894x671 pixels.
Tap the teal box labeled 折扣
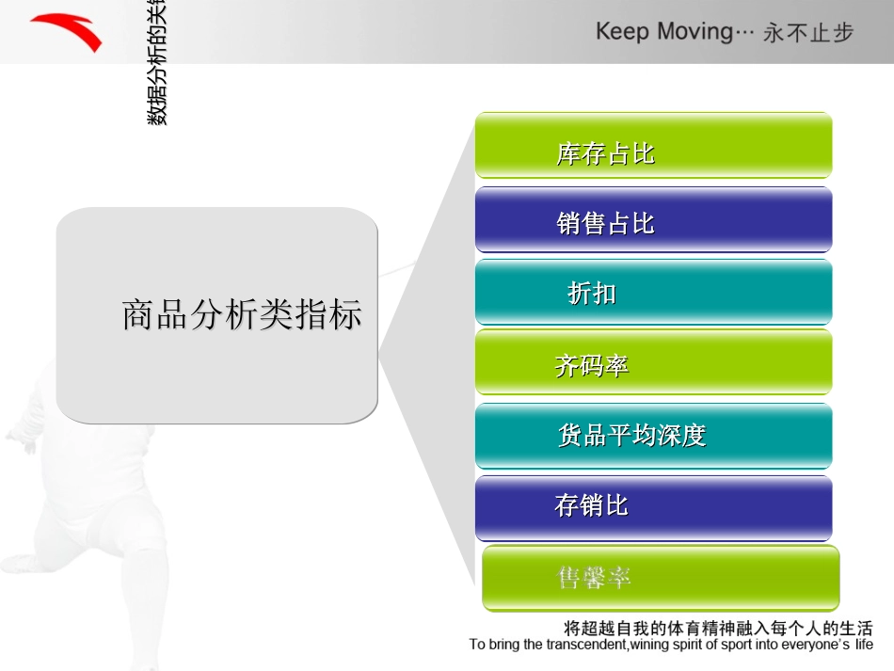(653, 293)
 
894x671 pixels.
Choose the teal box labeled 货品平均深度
(653, 435)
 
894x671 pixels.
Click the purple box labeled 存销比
(653, 506)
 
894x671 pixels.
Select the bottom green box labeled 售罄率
(660, 578)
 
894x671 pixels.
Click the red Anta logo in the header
(66, 32)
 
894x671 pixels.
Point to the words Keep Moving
(663, 31)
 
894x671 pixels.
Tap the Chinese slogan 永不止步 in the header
(808, 33)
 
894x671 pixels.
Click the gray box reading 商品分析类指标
(216, 315)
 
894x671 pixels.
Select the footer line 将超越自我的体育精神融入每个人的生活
(717, 628)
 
